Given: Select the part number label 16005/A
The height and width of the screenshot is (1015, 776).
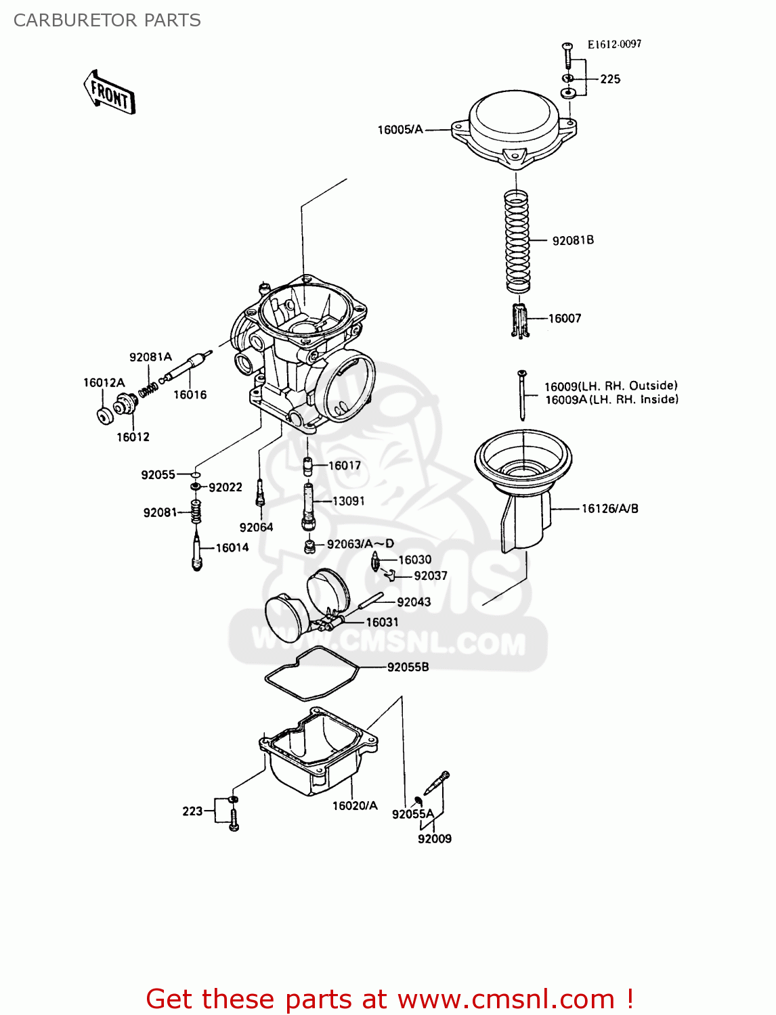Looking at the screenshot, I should (400, 129).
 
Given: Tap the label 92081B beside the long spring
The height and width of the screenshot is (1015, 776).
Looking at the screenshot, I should (573, 240).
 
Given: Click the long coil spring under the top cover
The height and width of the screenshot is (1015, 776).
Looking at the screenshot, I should (517, 241).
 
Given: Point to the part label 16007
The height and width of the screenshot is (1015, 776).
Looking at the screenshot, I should (565, 318).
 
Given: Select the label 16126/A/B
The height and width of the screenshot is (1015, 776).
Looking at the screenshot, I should (609, 508).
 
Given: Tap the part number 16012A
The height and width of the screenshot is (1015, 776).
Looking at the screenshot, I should (104, 382).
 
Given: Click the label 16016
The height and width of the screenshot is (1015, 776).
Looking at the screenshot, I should (190, 394).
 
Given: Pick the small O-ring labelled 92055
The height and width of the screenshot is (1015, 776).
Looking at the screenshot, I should (195, 475).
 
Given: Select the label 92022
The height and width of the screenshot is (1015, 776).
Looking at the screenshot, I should (225, 487).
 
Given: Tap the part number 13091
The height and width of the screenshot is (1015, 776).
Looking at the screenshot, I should (348, 501).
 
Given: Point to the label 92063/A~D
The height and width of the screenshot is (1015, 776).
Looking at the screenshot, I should (360, 543).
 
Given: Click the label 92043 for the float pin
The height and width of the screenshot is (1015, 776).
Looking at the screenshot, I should (414, 602).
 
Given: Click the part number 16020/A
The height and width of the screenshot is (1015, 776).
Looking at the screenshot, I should (355, 805).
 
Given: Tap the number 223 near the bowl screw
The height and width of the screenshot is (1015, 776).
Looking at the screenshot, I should (192, 811).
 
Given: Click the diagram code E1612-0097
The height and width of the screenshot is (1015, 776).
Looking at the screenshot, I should (614, 44).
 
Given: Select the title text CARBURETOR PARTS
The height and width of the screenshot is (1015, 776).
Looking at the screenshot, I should (107, 20).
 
